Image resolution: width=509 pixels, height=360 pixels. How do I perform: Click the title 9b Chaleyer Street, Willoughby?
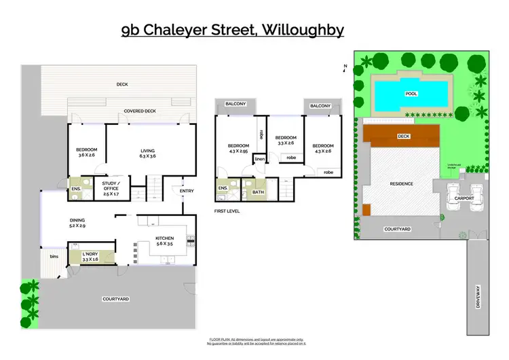(x=233, y=30)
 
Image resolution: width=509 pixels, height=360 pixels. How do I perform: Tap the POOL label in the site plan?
(x=411, y=94)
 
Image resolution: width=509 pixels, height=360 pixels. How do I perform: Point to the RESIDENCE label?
(x=401, y=183)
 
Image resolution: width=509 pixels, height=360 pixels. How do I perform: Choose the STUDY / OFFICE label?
(x=111, y=187)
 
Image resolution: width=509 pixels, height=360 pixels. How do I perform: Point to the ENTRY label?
(x=187, y=191)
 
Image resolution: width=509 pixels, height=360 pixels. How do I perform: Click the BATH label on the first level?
(x=257, y=192)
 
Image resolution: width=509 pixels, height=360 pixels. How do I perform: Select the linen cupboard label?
(x=259, y=160)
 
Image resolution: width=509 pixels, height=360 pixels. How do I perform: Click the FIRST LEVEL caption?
(x=227, y=211)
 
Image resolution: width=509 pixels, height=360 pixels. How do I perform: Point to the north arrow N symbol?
(x=345, y=67)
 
